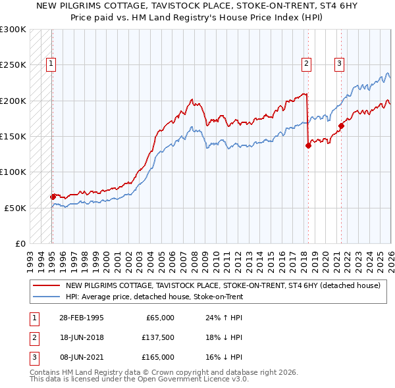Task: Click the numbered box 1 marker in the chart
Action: click(x=51, y=64)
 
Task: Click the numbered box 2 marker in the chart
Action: click(x=307, y=64)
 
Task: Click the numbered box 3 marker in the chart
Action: click(x=339, y=64)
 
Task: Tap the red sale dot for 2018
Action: click(x=308, y=146)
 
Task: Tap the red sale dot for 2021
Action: click(x=341, y=126)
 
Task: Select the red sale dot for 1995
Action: click(x=53, y=197)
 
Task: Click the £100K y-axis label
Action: click(x=13, y=172)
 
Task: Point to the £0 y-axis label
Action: click(x=20, y=243)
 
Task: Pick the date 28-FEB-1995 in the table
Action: click(x=80, y=318)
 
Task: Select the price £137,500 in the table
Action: click(x=157, y=337)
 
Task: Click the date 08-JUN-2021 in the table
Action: click(x=80, y=357)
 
